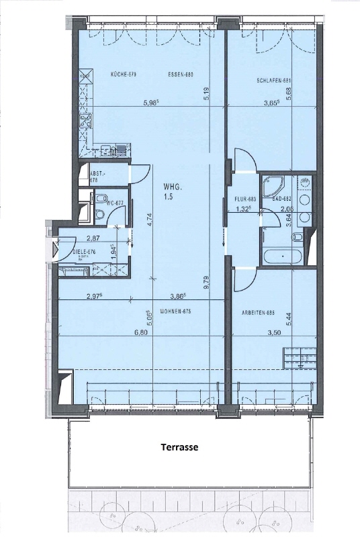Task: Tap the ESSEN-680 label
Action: tap(180, 75)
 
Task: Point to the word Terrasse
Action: tap(179, 446)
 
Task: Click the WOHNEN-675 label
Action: tap(172, 311)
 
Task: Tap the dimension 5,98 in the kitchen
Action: tap(154, 103)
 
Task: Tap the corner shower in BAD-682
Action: tap(273, 183)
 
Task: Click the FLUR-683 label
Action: tap(245, 199)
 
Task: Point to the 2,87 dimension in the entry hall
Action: tap(93, 238)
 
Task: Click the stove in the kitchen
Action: tap(85, 122)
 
